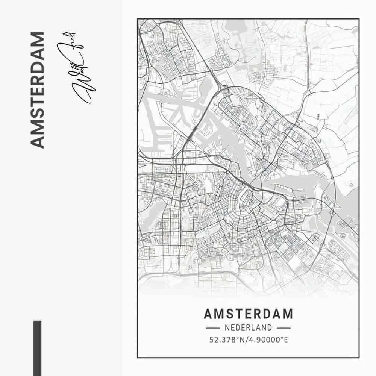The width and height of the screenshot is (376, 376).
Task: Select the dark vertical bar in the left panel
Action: point(37,348)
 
